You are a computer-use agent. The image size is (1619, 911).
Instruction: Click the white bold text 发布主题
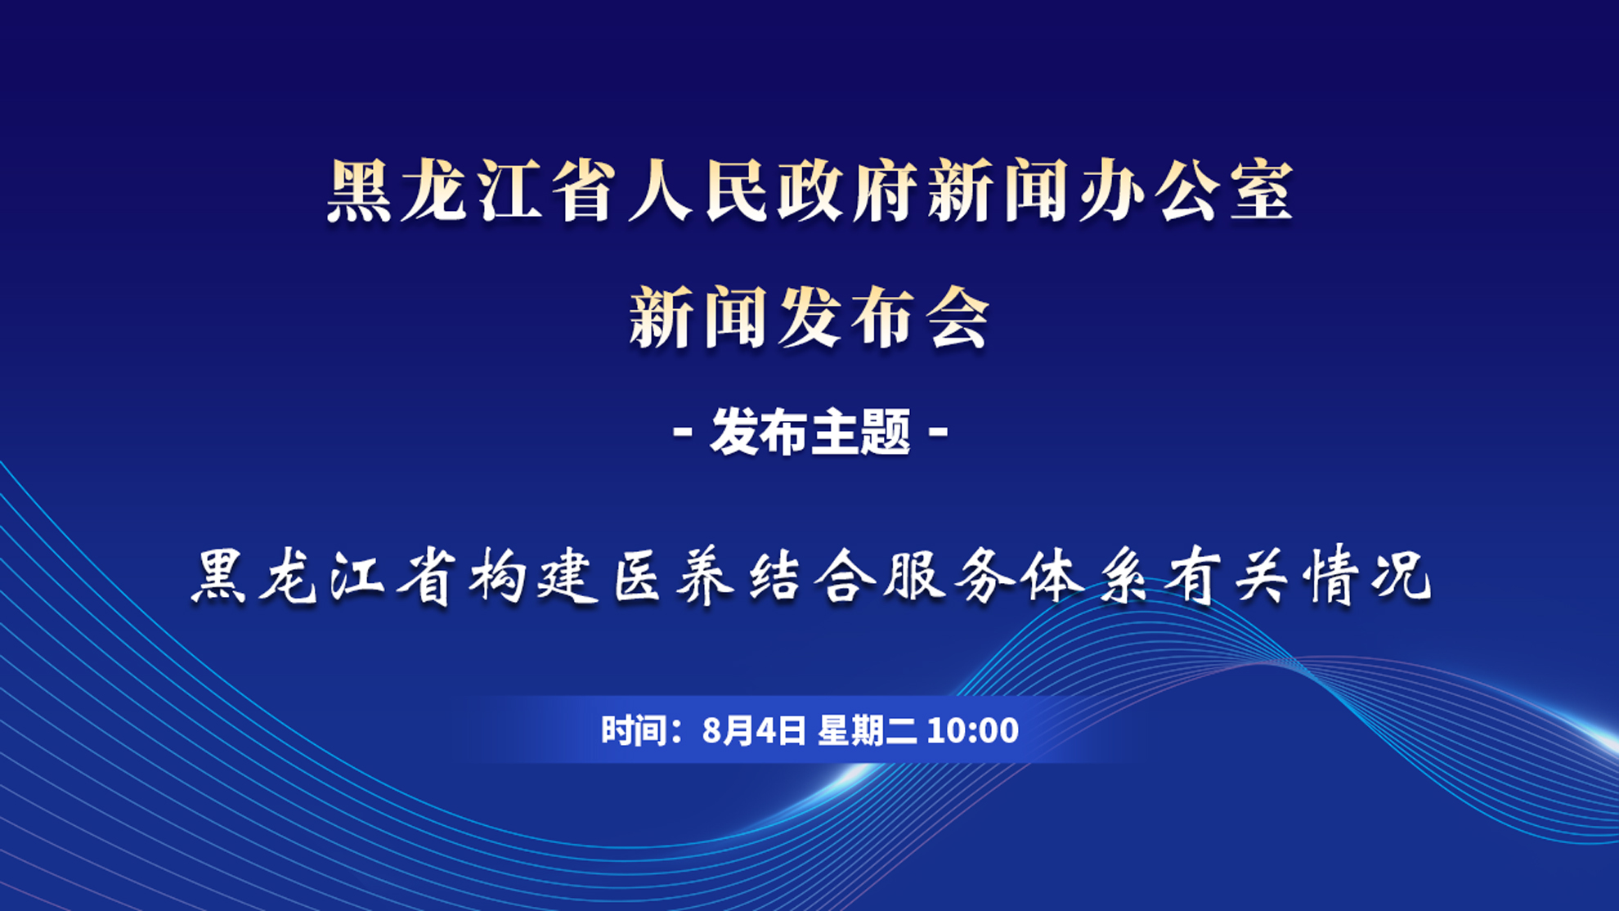click(x=810, y=431)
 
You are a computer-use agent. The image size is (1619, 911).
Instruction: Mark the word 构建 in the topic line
click(x=535, y=577)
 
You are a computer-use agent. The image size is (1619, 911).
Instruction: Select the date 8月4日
click(x=754, y=729)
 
